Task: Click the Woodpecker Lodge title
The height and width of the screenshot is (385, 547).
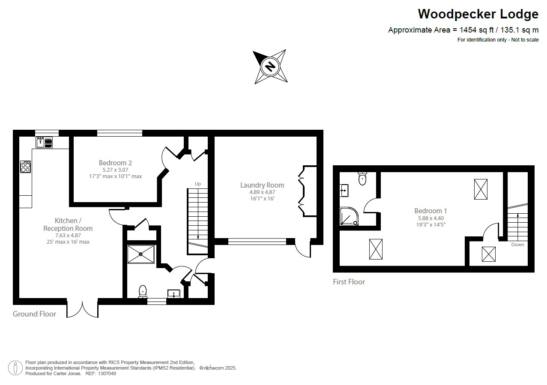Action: (x=478, y=14)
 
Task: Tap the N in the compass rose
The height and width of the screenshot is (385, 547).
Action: (x=270, y=67)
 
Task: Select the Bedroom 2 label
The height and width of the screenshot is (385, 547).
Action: (x=115, y=163)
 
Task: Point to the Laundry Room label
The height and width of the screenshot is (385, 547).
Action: (x=262, y=185)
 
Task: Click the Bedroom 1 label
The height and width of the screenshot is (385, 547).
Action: (x=430, y=211)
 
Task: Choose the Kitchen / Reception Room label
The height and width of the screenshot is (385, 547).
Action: (x=68, y=224)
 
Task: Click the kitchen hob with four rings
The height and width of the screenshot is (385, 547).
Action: (x=26, y=167)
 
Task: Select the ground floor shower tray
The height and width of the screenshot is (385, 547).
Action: (x=141, y=254)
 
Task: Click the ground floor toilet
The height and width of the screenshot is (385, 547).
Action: (x=143, y=291)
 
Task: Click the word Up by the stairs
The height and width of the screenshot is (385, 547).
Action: (x=198, y=184)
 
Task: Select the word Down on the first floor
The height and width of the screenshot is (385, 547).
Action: (x=517, y=245)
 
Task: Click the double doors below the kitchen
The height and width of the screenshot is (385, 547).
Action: (x=83, y=309)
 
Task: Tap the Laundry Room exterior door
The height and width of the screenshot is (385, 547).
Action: (x=303, y=250)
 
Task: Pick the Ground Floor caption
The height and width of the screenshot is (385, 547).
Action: (x=34, y=314)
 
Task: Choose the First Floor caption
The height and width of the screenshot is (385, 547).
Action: (x=349, y=282)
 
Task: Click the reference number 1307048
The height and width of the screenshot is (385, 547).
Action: (x=107, y=373)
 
